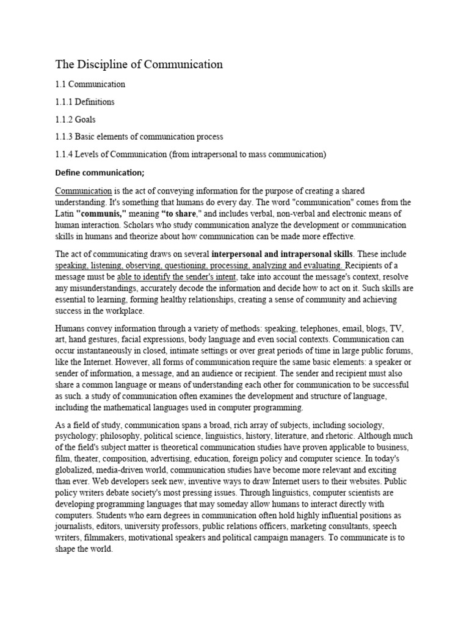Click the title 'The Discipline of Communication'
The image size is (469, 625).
click(x=139, y=63)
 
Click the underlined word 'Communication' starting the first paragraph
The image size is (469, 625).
click(x=84, y=191)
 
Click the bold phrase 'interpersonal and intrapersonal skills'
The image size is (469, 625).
click(x=283, y=253)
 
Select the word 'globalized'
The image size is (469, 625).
click(x=77, y=470)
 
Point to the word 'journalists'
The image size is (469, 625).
click(x=76, y=526)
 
